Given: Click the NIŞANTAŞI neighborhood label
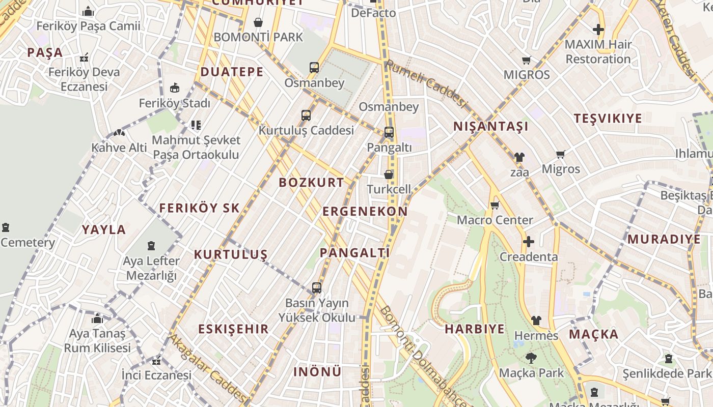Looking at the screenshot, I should click(491, 127).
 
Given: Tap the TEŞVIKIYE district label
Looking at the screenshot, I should click(608, 119).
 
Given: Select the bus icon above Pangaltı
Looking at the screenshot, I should click(389, 132).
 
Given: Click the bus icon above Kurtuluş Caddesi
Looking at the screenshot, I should click(306, 115).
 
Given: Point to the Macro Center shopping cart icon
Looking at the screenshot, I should click(495, 206).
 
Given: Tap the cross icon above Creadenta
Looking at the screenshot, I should click(529, 241).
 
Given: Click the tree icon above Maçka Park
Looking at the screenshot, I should click(531, 358).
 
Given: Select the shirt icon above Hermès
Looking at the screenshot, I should click(536, 321).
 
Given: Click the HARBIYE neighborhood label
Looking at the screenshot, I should click(475, 329).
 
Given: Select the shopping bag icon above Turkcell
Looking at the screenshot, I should click(389, 175).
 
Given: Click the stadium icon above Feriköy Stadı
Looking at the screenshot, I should click(175, 88).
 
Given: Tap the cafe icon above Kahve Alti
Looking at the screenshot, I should click(119, 133).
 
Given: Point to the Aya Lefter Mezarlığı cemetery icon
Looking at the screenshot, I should click(151, 246).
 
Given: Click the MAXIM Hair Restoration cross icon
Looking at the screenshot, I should click(598, 30).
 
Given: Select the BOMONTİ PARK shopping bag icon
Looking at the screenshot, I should click(258, 22).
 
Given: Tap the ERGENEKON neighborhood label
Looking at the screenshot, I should click(365, 212).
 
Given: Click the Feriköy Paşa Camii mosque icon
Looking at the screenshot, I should click(88, 11).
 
